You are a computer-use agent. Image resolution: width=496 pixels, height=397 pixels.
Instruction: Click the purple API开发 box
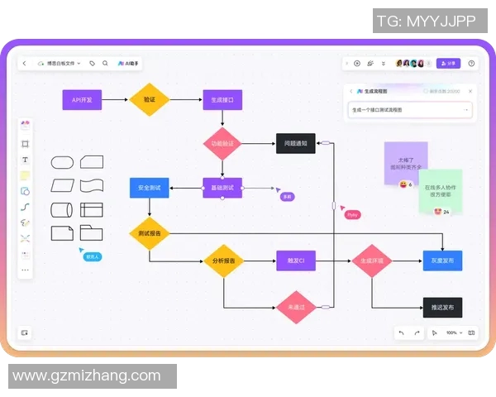(x=82, y=100)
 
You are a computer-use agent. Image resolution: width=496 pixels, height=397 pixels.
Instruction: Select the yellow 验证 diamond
(x=149, y=100)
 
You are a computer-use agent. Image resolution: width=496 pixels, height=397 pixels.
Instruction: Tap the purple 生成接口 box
(x=222, y=100)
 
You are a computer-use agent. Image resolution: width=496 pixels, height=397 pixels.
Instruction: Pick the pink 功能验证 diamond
(x=222, y=143)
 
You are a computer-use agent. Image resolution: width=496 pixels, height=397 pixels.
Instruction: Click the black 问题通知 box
(x=295, y=143)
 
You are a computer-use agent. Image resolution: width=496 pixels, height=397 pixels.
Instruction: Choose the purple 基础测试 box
(x=222, y=188)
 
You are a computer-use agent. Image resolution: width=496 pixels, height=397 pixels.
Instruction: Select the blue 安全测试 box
(x=149, y=188)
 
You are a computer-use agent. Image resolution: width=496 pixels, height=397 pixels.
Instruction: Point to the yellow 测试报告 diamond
(x=149, y=233)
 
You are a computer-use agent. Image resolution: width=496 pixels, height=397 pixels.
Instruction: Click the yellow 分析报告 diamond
(x=222, y=261)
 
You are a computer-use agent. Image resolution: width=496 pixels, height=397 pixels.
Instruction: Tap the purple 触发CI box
(x=295, y=261)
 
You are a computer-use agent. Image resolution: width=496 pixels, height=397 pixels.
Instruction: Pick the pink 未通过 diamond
(x=295, y=307)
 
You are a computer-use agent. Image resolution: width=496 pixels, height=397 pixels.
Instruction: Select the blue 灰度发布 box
(x=442, y=261)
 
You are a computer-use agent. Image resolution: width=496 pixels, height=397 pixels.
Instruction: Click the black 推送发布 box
(x=442, y=307)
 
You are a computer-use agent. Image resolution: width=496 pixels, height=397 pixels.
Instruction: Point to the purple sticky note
(x=405, y=160)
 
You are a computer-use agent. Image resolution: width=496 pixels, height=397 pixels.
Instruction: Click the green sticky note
(x=441, y=190)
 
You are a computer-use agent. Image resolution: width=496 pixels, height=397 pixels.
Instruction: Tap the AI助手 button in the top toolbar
(x=129, y=63)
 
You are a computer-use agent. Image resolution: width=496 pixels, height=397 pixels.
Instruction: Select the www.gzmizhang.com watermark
(x=87, y=375)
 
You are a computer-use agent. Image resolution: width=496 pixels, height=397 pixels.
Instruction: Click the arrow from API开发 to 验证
(x=116, y=100)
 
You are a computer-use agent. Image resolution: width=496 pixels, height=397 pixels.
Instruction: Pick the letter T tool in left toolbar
(x=25, y=160)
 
